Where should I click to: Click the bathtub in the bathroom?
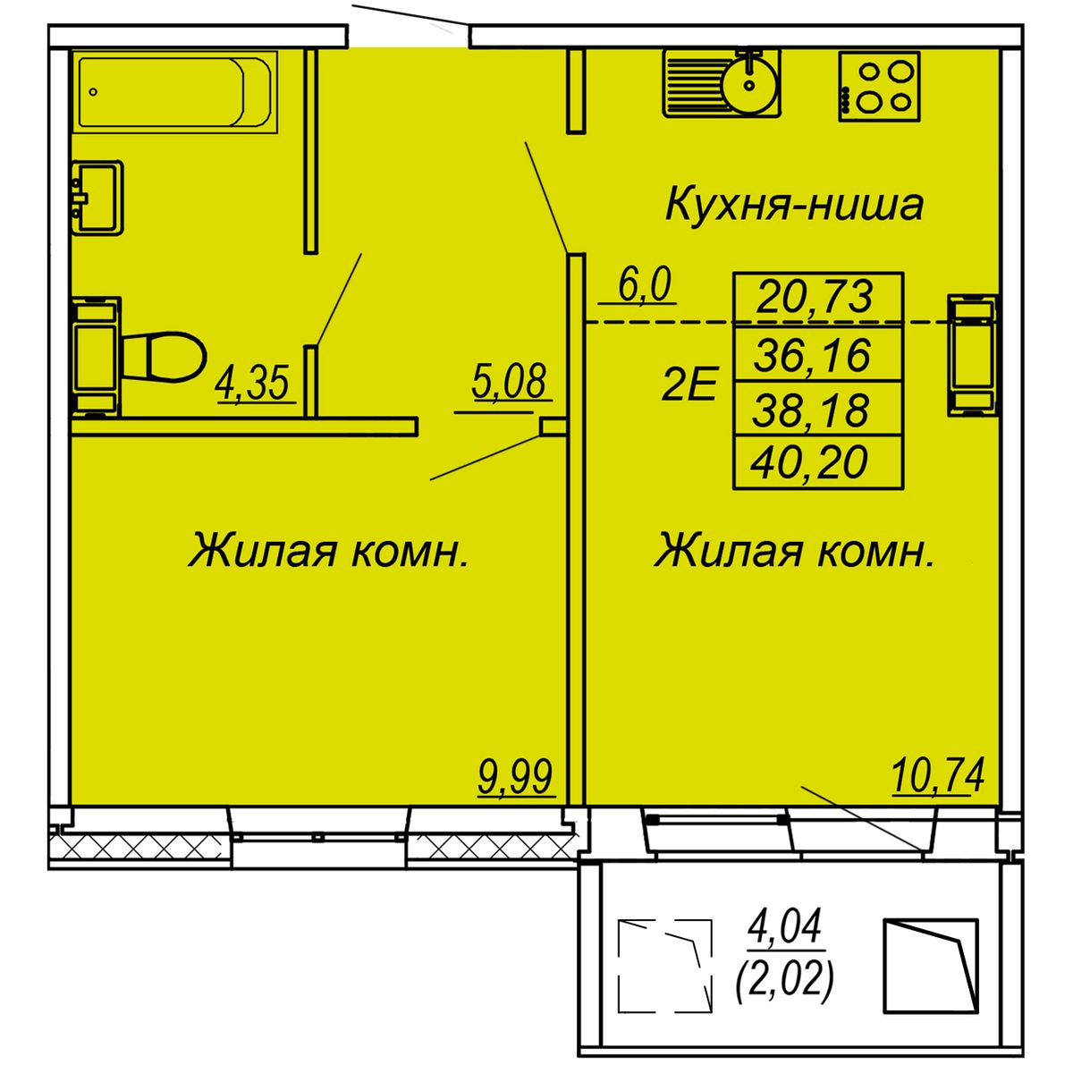[174, 90]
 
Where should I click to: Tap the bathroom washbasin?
[97, 197]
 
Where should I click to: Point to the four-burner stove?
[879, 86]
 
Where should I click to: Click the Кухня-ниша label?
[794, 205]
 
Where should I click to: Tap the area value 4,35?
[254, 384]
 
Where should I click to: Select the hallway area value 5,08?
[508, 382]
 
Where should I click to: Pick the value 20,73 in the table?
[815, 296]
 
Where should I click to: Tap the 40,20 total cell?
[812, 462]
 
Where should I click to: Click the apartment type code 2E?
[689, 387]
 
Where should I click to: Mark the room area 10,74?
[937, 774]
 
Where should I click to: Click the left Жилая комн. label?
[328, 550]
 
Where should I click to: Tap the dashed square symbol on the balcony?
[665, 967]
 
